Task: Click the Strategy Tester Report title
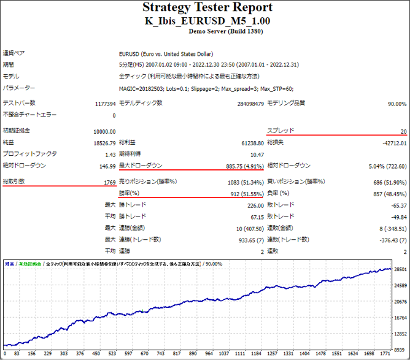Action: pyautogui.click(x=207, y=8)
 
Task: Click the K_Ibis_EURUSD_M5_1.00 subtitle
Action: pyautogui.click(x=207, y=20)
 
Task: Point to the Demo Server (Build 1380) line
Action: pyautogui.click(x=207, y=31)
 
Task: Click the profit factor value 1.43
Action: pyautogui.click(x=110, y=155)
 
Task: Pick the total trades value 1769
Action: pyautogui.click(x=109, y=182)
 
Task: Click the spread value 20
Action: pyautogui.click(x=403, y=131)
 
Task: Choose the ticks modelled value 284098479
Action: pyautogui.click(x=250, y=104)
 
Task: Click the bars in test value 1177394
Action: pyautogui.click(x=102, y=104)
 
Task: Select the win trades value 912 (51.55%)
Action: pyautogui.click(x=244, y=194)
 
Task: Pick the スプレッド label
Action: pyautogui.click(x=280, y=131)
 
